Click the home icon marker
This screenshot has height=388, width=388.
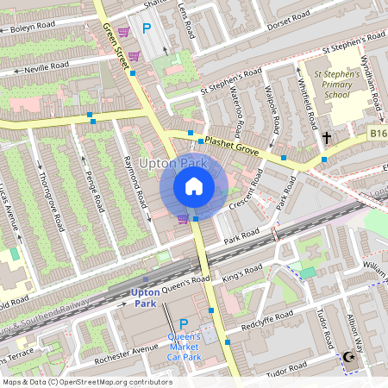[x=194, y=186]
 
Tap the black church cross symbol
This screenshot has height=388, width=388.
[x=327, y=137]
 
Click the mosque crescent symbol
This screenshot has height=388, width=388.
[x=349, y=357]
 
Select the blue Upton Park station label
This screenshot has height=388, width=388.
[x=145, y=297]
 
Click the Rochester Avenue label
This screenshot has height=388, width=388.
[x=127, y=351]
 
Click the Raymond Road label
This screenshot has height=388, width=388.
[x=135, y=181]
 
